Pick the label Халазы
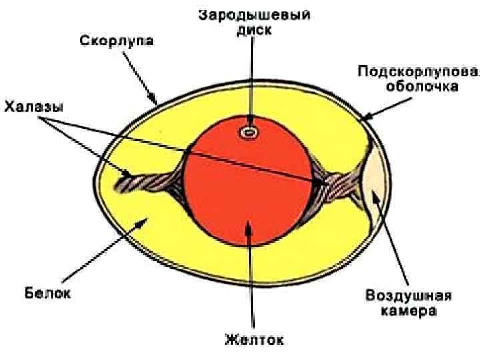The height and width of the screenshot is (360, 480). (33, 107)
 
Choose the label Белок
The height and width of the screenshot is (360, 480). (47, 291)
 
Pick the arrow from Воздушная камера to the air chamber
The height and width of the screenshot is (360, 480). (393, 240)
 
